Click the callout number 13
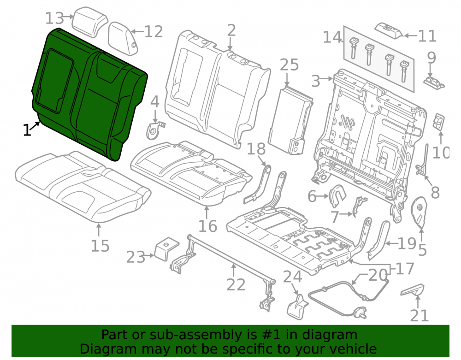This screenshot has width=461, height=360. click(54, 18)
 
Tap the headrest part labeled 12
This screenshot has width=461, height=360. click(123, 38)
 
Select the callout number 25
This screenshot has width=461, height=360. click(289, 65)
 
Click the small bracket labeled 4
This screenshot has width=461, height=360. click(154, 130)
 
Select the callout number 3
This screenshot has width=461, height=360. click(315, 81)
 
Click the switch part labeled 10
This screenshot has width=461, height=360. click(438, 121)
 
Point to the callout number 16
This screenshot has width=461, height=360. click(207, 226)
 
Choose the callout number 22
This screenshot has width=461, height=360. click(236, 284)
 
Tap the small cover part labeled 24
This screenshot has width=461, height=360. click(297, 307)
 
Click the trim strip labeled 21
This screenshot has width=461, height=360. click(412, 290)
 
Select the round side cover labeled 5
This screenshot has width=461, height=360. click(419, 212)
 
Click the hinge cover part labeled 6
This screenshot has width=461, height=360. click(337, 196)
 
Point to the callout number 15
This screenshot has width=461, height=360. click(100, 246)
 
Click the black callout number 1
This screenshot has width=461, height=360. click(27, 130)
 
